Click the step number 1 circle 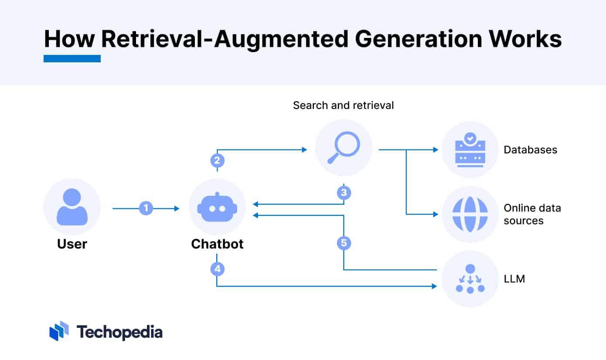tap(146, 208)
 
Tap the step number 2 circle tap(217, 160)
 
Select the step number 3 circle tap(344, 193)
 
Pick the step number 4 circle tap(217, 269)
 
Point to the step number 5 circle tap(344, 243)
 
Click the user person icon tap(72, 207)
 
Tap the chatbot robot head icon tap(217, 207)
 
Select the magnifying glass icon tap(344, 148)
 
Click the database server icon tap(470, 149)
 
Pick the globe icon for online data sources tap(470, 214)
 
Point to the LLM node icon tap(470, 279)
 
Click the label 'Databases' tap(530, 149)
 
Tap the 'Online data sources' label tap(532, 214)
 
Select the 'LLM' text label tap(514, 279)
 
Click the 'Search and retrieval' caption tap(343, 105)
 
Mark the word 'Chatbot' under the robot tap(217, 244)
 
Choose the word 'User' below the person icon tap(72, 244)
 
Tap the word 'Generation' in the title tap(418, 39)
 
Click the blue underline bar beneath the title tap(72, 58)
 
